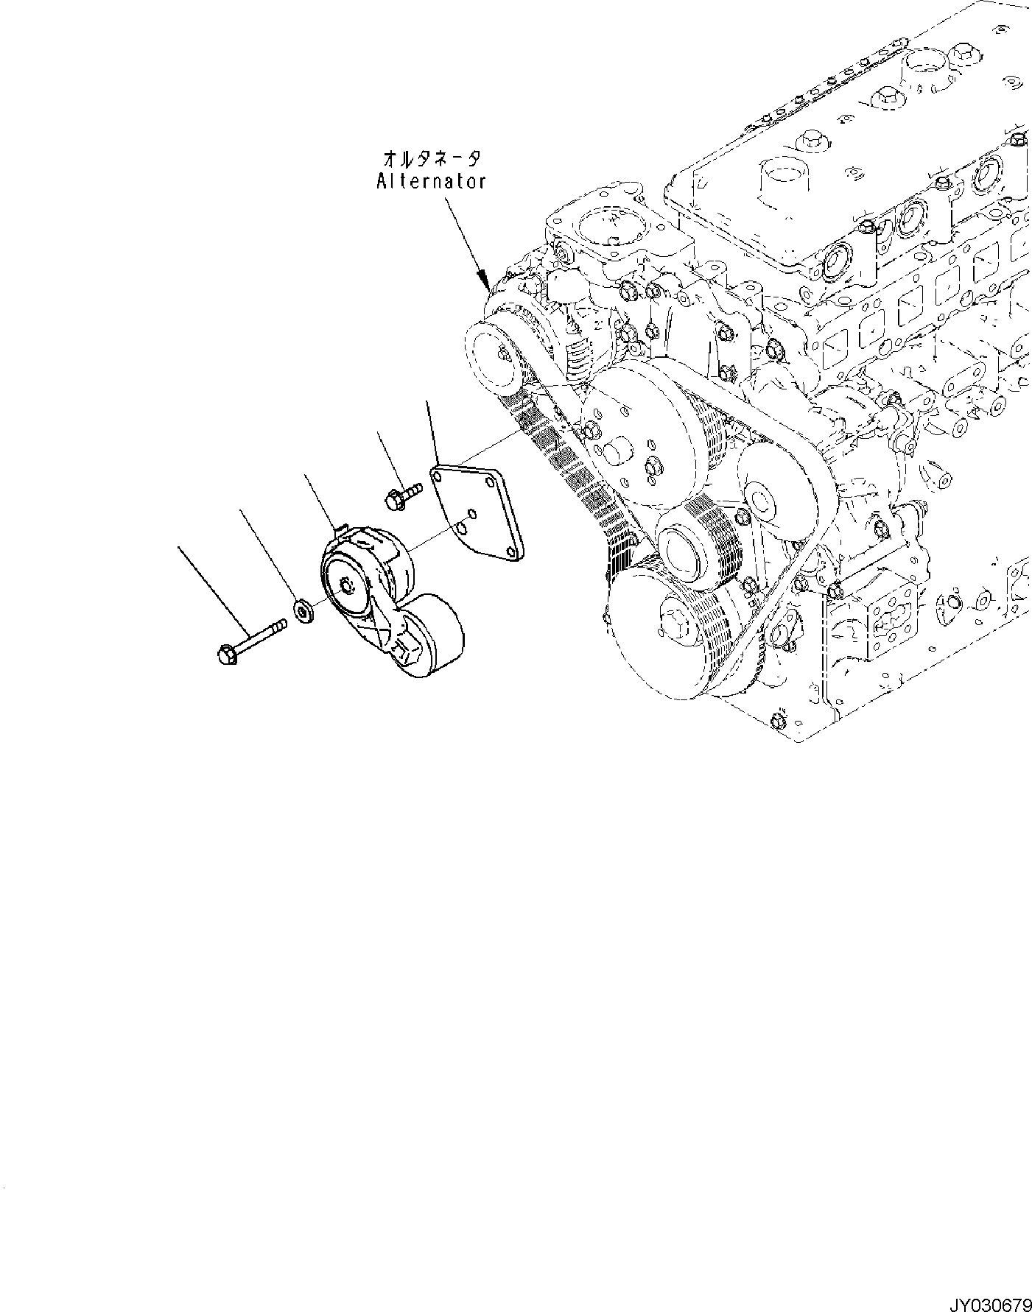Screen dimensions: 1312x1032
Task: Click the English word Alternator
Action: pyautogui.click(x=431, y=181)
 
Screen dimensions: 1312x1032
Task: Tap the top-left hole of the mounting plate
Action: pyautogui.click(x=438, y=477)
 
